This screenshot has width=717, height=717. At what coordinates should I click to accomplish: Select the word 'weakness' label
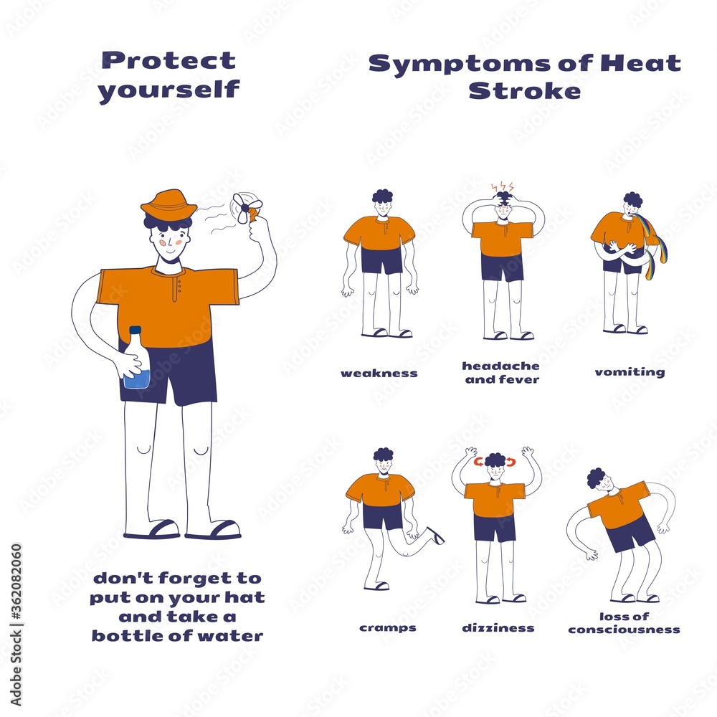(x=379, y=373)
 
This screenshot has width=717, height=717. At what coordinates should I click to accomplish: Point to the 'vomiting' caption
(x=619, y=371)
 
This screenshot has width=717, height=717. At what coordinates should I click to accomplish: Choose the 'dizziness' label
(x=498, y=627)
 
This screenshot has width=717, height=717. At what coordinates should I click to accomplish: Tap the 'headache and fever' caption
(x=500, y=372)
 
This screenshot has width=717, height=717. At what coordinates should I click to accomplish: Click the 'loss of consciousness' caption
(x=624, y=623)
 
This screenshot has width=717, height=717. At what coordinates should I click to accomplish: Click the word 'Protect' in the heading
(x=168, y=60)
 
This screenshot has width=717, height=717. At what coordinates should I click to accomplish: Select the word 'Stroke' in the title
(x=524, y=91)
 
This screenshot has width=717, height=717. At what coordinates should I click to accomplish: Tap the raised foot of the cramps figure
(x=434, y=535)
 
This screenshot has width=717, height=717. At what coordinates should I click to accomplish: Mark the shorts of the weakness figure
(x=381, y=260)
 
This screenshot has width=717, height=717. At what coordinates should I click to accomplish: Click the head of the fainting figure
(x=597, y=480)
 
